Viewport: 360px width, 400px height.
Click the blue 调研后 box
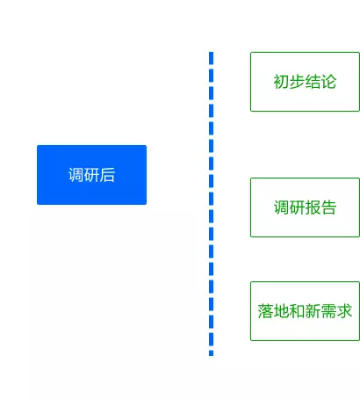pos(91,175)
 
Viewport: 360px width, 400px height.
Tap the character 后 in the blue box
pos(107,175)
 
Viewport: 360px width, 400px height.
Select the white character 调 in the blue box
pos(76,175)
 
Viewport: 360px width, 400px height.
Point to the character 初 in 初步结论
pos(281,82)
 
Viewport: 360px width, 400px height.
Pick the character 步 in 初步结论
pos(297,82)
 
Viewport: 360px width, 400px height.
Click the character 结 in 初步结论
pos(313,82)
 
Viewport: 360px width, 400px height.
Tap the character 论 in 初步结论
pos(328,82)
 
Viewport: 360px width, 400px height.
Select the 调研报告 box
pos(305,207)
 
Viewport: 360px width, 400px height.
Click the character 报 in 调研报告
pos(313,207)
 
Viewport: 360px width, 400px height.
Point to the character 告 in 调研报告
pos(328,207)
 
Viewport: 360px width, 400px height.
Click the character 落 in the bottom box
pos(265,311)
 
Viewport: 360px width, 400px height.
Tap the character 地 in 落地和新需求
pos(281,311)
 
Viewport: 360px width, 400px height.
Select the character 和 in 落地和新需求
pos(297,311)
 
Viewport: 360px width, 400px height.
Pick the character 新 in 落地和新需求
pos(313,311)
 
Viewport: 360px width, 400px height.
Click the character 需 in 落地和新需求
pos(328,311)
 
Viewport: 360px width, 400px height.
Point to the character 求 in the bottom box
pos(344,311)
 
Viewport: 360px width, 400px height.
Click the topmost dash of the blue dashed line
pos(212,58)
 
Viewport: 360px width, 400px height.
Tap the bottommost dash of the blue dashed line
pos(212,353)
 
